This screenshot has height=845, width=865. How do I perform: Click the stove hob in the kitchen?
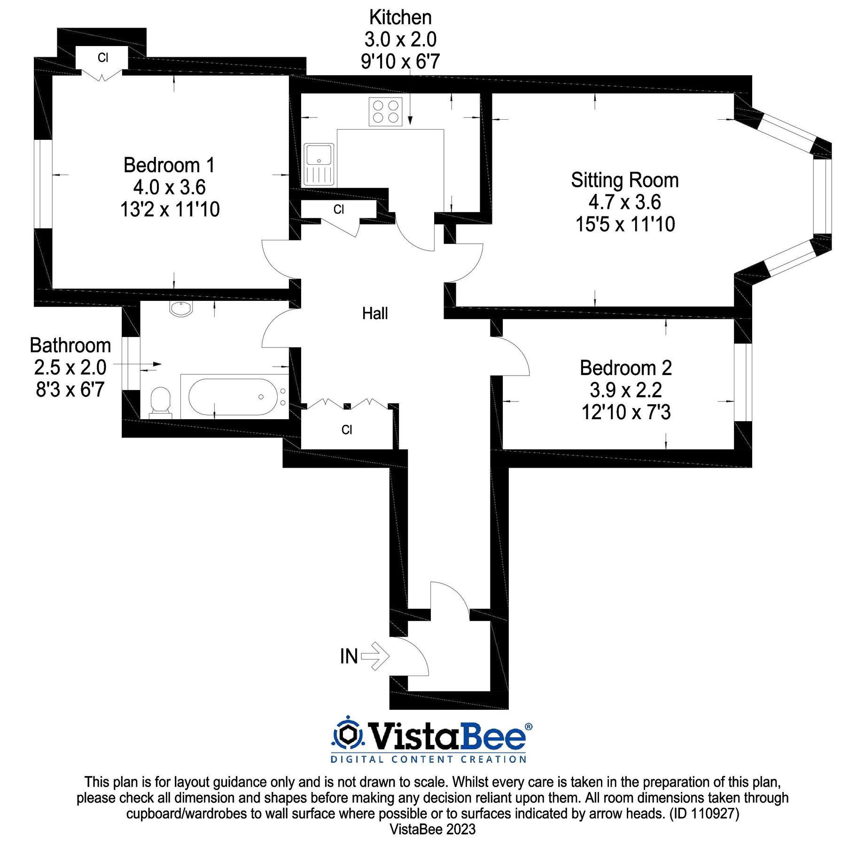385,112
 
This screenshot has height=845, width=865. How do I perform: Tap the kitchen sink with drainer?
319,164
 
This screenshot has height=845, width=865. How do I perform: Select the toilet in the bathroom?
161,403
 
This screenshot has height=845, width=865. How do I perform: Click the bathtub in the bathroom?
234,397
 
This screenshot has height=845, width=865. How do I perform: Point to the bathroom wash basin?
181,309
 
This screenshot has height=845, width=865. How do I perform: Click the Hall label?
375,313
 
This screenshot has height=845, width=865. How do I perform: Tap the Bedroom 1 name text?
169,165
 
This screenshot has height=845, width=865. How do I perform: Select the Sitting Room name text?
625,181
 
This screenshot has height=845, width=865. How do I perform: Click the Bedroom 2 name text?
626,368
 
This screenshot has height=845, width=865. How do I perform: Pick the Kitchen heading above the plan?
400,17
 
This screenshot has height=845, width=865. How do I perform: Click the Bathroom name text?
70,346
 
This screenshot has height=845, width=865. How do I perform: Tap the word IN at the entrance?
349,656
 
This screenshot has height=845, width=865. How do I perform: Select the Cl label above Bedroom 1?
103,58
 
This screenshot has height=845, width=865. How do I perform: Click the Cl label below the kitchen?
339,209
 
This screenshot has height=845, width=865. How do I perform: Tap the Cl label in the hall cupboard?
347,430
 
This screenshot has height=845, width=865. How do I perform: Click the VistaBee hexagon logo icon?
348,733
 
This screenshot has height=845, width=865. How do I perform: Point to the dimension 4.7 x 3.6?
625,202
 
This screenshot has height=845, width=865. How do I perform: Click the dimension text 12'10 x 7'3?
626,412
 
